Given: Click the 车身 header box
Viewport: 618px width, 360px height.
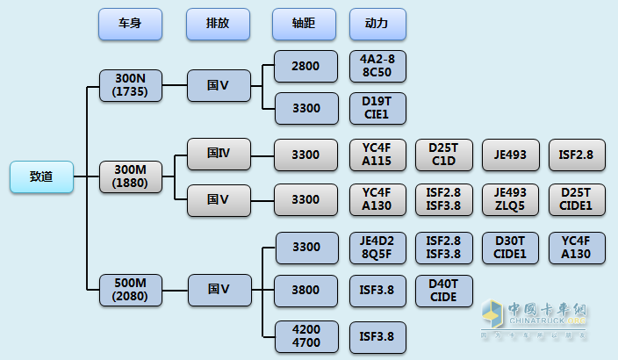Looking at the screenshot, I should tap(130, 25).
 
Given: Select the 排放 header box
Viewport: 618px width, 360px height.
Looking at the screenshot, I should tap(218, 25).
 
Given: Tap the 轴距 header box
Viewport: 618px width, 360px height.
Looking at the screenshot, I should tap(304, 25).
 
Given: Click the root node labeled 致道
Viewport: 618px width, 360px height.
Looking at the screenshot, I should tap(41, 176).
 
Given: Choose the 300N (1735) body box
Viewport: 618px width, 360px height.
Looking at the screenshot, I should tap(130, 85).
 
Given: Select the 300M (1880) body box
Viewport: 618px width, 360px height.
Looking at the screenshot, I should tap(130, 176).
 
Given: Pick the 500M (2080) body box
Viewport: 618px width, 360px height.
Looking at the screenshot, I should tap(130, 289).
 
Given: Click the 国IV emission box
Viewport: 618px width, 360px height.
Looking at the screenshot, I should tap(218, 155).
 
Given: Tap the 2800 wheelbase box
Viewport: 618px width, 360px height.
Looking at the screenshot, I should tap(305, 66).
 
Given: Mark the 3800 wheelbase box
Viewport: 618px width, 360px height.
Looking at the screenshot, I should tap(305, 289).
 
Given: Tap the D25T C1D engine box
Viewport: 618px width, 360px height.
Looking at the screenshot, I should tap(443, 155).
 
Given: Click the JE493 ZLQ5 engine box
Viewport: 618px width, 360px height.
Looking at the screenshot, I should tap(510, 199).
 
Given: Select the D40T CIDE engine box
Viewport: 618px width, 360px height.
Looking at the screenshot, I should tap(443, 289).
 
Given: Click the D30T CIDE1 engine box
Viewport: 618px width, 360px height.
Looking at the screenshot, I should tap(510, 247).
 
